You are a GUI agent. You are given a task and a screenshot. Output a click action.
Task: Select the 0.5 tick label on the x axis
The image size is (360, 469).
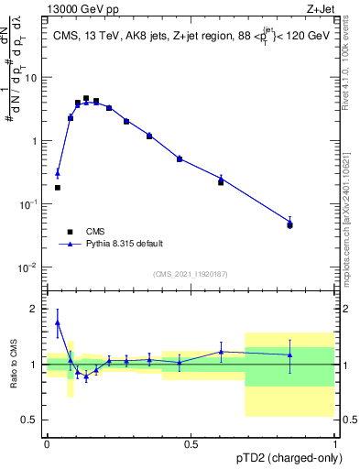pyautogui.click(x=191, y=443)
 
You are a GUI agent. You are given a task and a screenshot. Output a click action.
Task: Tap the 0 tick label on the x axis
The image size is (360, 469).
pyautogui.click(x=47, y=443)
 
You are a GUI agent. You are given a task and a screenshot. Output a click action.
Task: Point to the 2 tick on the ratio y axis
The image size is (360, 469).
pyautogui.click(x=38, y=309)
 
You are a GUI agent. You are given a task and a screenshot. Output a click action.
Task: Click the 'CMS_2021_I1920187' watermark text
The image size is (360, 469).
pyautogui.click(x=191, y=274)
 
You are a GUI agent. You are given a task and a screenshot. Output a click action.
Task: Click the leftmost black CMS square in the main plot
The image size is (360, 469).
pyautogui.click(x=58, y=188)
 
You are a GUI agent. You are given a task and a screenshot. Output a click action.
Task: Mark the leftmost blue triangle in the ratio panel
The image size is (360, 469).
pyautogui.click(x=58, y=322)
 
